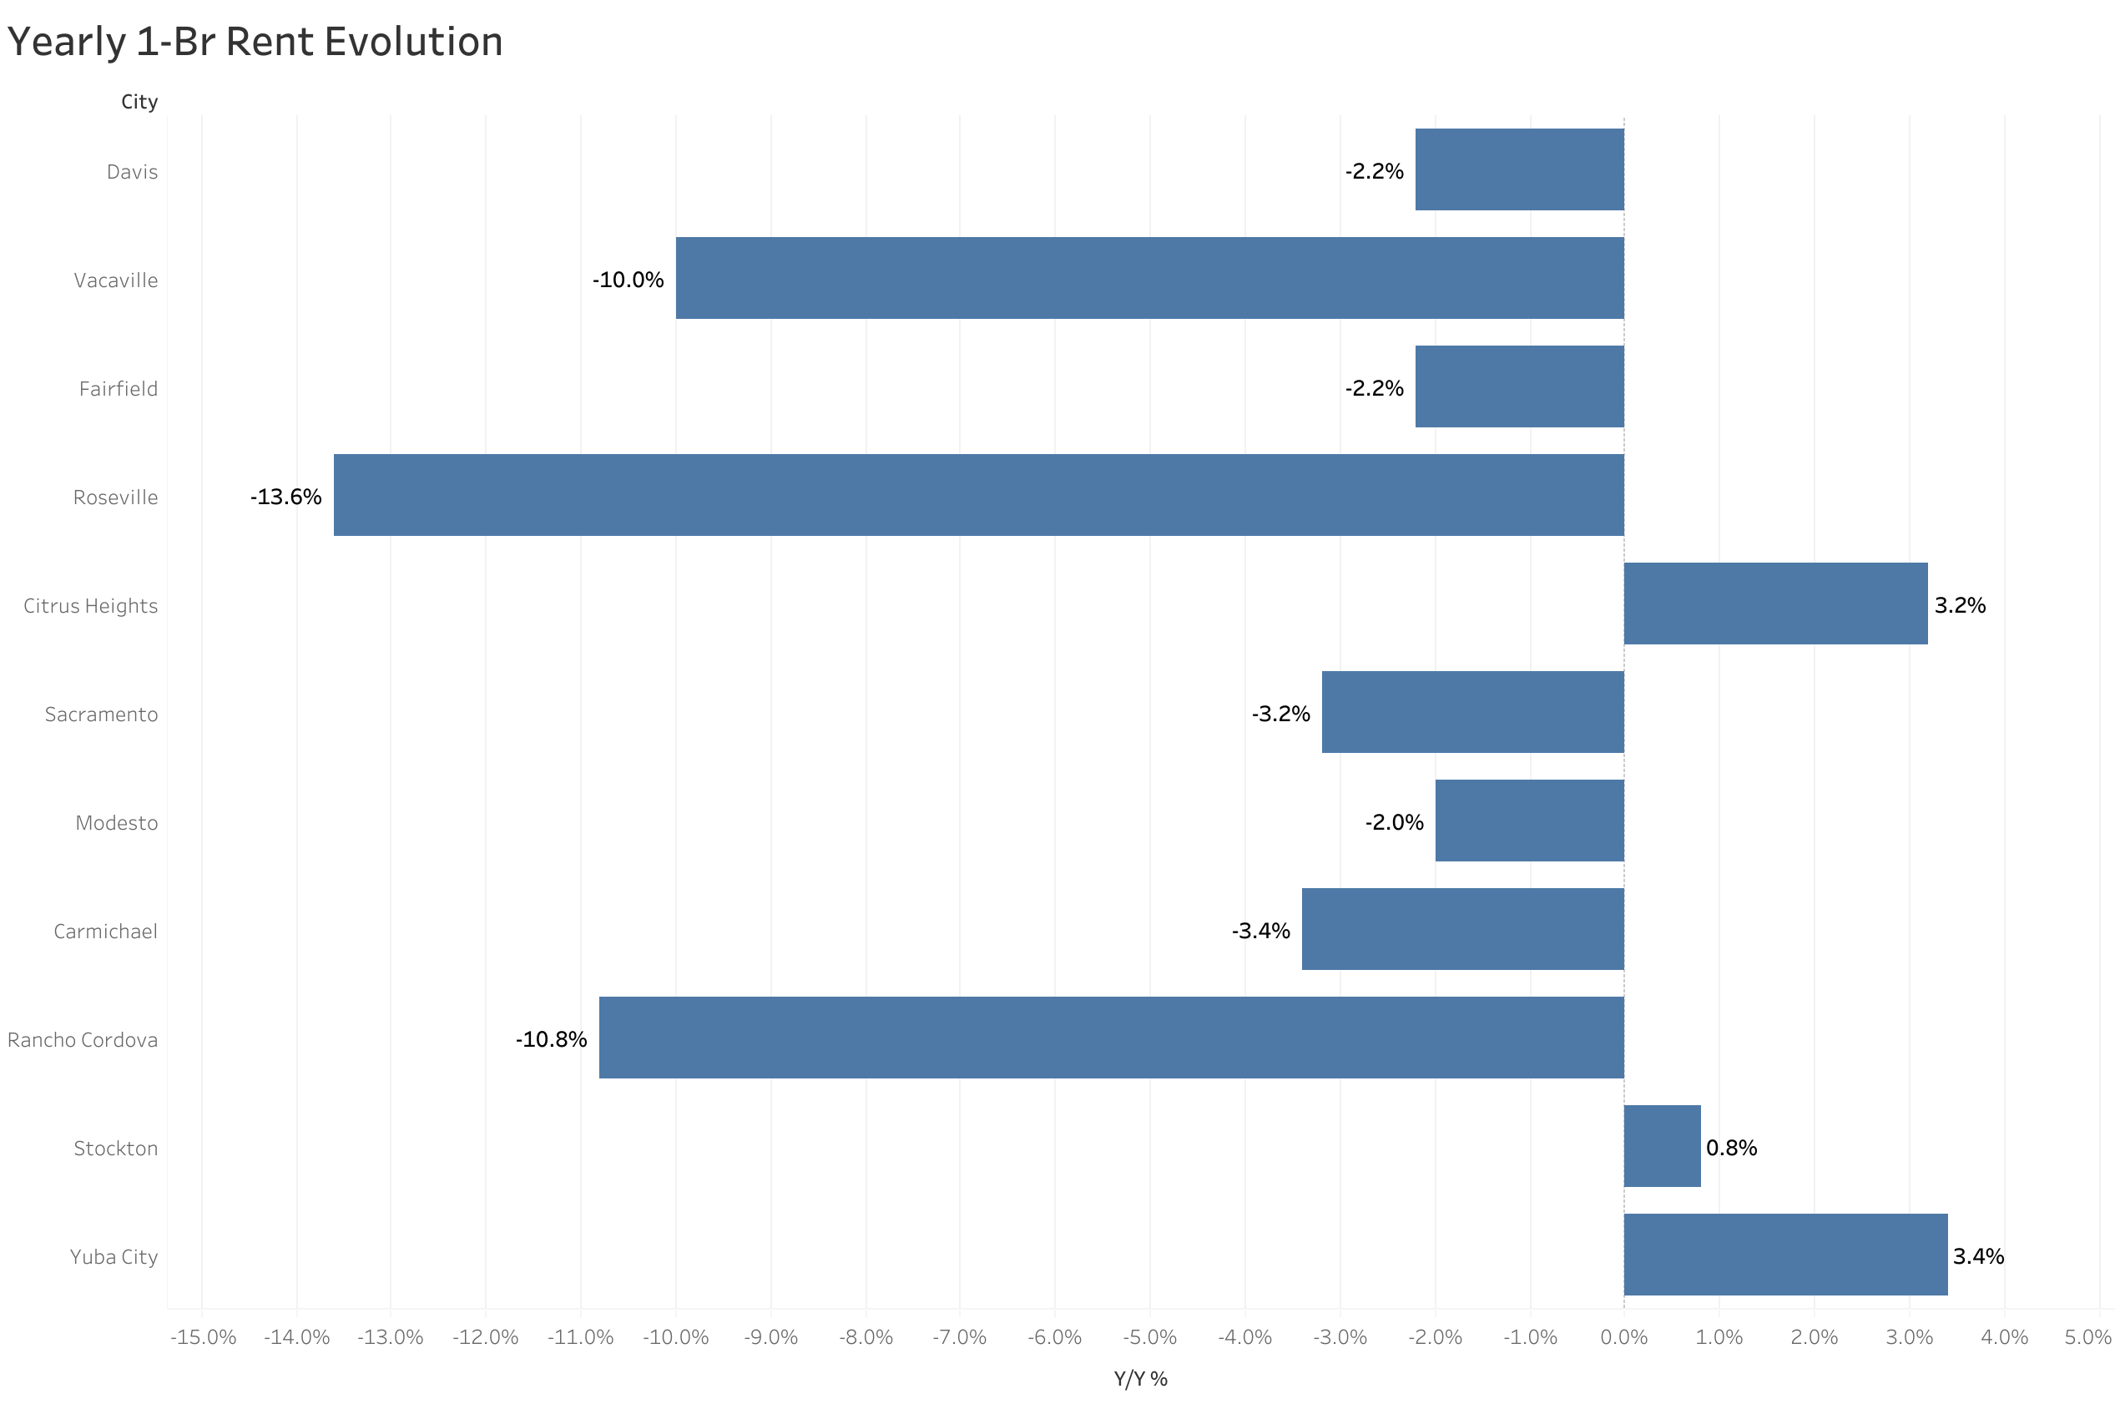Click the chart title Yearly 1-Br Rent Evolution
[255, 42]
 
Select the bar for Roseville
[978, 495]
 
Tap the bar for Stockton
[1661, 1146]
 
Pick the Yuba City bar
[1784, 1255]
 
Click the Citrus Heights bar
[1775, 604]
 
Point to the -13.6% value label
[285, 497]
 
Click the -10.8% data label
[551, 1039]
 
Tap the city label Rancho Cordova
[83, 1039]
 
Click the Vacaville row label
[115, 280]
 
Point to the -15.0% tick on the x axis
[203, 1338]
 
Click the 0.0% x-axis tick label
[1623, 1338]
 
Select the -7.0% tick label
[959, 1338]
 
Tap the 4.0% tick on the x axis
[2003, 1338]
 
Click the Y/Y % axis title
[1139, 1379]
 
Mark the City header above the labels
[139, 102]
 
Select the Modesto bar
[1529, 821]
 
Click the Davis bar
[1519, 169]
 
